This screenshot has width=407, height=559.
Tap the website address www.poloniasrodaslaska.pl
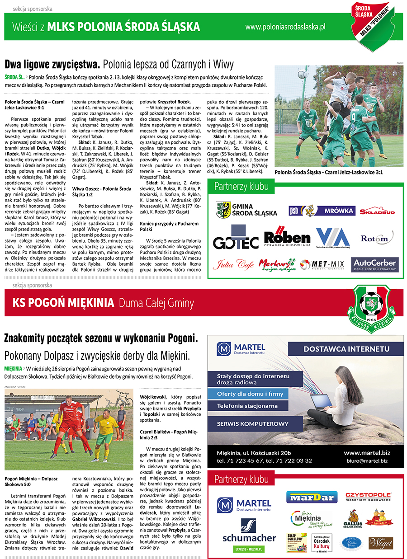point(285,27)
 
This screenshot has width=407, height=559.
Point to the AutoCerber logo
point(375,264)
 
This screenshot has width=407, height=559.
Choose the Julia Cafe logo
point(233,264)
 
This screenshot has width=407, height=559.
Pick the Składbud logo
point(377,211)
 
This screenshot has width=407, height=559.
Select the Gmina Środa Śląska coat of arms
point(223,210)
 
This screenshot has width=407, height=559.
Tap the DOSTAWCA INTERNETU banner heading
point(346,349)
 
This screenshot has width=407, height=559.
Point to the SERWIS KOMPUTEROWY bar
point(253,423)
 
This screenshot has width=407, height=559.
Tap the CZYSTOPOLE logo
point(368,497)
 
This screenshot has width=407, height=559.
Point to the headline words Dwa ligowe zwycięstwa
point(52,64)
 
